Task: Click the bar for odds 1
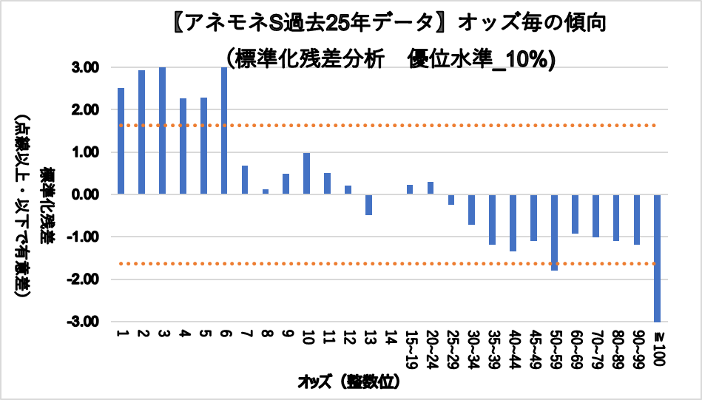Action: click(121, 140)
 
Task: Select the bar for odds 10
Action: click(306, 174)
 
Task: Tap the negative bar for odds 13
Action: click(368, 205)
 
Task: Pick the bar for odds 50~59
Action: click(554, 232)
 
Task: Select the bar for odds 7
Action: click(245, 180)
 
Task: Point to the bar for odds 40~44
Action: click(513, 223)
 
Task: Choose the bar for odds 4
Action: click(183, 146)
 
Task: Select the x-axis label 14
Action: click(389, 336)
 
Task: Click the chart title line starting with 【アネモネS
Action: click(388, 24)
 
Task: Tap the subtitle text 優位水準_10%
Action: click(482, 59)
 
